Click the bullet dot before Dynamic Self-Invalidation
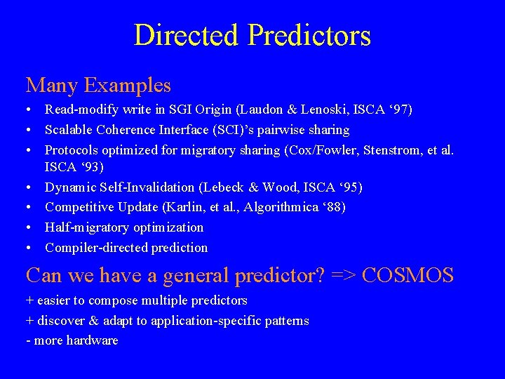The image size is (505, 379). (x=29, y=188)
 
